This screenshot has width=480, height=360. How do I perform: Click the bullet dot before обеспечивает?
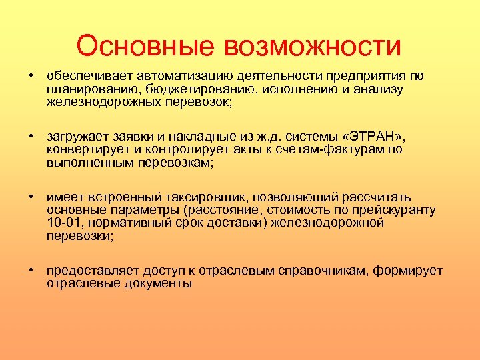click(x=31, y=77)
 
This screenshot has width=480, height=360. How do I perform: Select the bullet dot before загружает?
click(x=31, y=137)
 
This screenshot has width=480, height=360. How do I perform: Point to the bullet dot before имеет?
click(x=31, y=197)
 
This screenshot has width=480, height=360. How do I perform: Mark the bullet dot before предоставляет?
click(x=31, y=270)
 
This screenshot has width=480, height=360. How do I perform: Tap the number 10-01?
click(x=62, y=222)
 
